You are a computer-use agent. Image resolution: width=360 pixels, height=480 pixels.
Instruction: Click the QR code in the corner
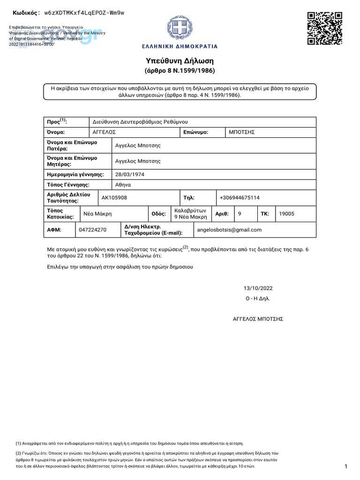324,28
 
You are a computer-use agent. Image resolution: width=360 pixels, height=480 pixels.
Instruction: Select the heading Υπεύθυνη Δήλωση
180,61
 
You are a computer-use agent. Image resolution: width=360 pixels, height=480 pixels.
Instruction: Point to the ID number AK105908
114,198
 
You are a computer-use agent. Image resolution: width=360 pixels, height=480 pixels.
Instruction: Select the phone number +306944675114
240,198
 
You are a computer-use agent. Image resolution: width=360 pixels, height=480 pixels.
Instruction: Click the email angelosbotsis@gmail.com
229,230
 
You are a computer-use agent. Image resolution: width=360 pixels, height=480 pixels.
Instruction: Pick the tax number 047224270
93,230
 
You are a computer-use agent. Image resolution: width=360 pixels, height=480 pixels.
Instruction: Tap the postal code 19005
286,214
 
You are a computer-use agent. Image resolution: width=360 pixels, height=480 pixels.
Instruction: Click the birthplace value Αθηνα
123,185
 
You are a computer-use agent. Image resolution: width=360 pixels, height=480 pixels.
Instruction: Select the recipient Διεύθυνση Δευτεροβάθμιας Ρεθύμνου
140,121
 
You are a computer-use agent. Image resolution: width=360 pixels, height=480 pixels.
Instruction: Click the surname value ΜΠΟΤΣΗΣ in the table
241,132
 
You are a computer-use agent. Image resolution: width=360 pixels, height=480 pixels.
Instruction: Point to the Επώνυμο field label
196,132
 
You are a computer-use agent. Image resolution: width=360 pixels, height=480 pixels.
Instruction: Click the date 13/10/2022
258,288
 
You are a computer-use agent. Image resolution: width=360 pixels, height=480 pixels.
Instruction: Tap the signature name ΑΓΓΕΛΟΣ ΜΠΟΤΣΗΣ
258,319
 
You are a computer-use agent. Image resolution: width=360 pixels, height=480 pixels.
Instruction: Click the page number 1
345,466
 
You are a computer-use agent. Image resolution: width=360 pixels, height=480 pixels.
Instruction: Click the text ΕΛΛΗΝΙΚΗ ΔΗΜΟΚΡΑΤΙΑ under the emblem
180,47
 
